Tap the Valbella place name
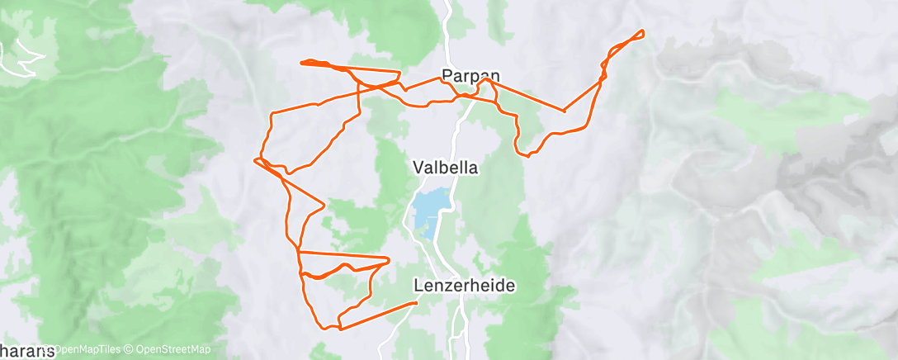[x=446, y=167]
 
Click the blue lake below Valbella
[x=431, y=211]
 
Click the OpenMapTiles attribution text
[x=79, y=350]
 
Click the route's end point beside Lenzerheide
[x=416, y=303]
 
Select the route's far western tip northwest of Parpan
[x=302, y=62]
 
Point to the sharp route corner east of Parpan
[x=564, y=110]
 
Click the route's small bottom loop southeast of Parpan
[x=522, y=154]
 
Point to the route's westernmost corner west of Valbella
[x=256, y=159]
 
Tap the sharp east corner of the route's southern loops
[x=388, y=260]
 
